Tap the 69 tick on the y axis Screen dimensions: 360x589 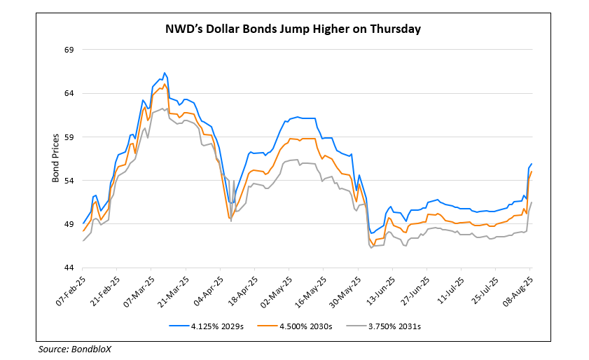69,50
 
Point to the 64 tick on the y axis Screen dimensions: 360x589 69,93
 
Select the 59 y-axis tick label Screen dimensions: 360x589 69,137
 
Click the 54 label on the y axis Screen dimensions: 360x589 69,181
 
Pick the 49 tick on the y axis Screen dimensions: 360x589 69,224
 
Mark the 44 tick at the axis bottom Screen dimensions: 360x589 69,268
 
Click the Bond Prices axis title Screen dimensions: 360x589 55,158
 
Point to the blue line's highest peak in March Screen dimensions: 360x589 164,73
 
